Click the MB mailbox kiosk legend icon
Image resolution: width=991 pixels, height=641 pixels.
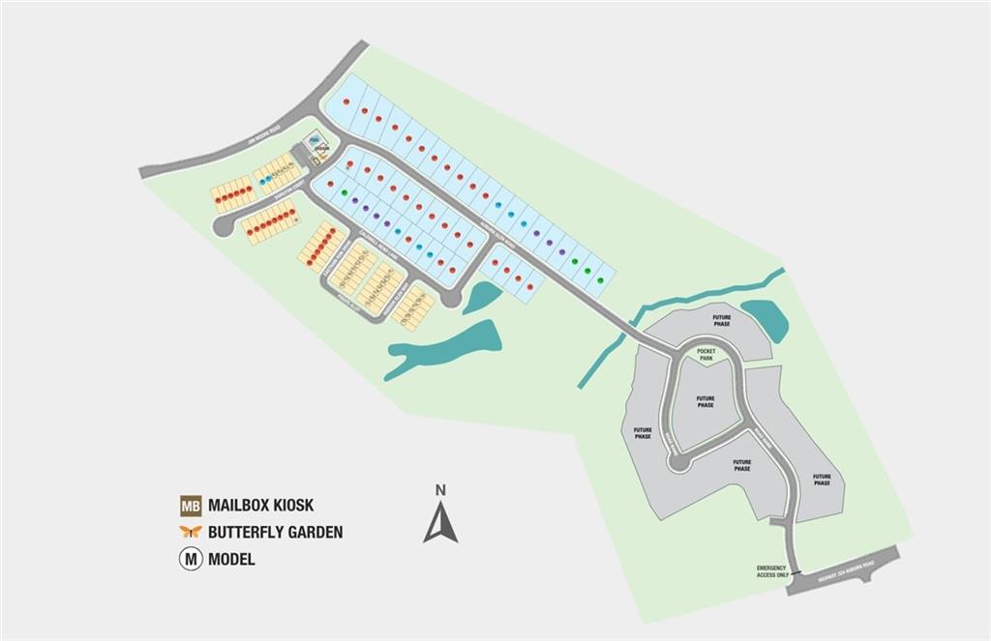(x=191, y=506)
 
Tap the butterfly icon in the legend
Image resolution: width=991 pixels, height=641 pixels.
(x=191, y=532)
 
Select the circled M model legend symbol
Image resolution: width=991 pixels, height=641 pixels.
(x=191, y=559)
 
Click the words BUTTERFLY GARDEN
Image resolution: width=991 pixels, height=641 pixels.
(x=275, y=532)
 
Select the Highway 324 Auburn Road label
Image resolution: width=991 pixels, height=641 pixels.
(x=844, y=570)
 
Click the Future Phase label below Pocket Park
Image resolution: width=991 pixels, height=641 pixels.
(x=706, y=401)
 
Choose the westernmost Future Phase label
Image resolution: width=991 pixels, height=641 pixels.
(x=643, y=433)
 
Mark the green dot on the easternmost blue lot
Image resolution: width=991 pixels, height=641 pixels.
(x=601, y=280)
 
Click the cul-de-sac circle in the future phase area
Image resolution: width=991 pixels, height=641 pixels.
(x=679, y=464)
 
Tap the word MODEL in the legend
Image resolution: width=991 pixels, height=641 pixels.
(x=231, y=559)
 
